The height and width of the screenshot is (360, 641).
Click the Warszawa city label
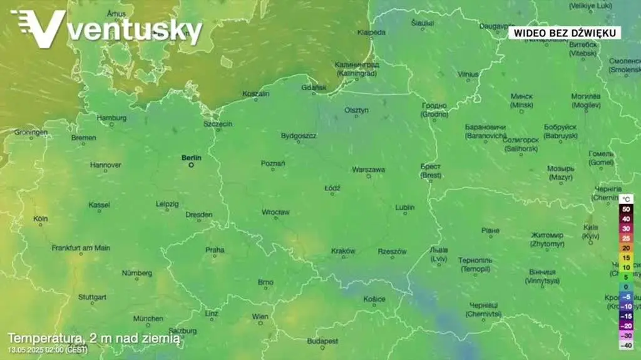coord(368,170)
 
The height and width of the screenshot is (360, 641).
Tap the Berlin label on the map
coord(192,158)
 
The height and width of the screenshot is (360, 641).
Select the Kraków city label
coord(343,251)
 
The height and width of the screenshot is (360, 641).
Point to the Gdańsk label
coord(314,88)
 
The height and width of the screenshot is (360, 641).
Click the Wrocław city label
coord(275,212)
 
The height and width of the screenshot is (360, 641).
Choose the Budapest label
coord(322,341)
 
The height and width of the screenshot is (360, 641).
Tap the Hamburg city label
coord(111,118)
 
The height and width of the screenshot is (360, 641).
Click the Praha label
coord(215,250)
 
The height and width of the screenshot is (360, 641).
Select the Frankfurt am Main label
coord(81,248)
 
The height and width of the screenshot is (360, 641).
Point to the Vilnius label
coord(468,74)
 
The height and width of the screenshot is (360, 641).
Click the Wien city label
coord(260,317)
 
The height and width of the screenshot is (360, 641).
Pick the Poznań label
coord(273,163)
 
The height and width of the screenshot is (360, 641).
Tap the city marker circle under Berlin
coord(191,165)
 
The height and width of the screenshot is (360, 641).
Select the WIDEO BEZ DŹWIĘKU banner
coord(564,32)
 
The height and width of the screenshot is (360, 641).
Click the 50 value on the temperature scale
coord(626,208)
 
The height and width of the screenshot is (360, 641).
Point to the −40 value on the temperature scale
coord(626,346)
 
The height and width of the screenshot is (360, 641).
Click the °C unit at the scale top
coord(627,198)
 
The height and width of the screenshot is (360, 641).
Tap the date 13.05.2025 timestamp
coord(26,349)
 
